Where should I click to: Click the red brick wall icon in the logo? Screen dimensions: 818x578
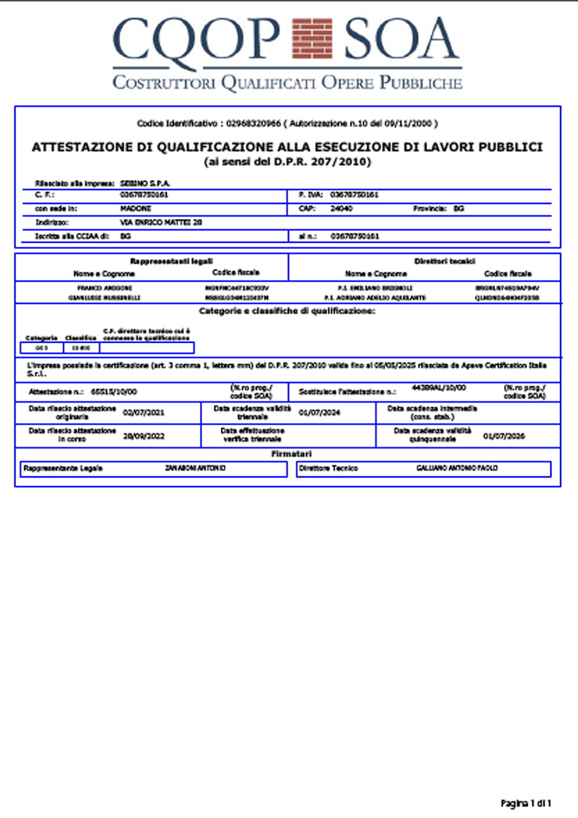point(312,39)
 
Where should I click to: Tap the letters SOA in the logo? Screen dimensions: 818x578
point(402,39)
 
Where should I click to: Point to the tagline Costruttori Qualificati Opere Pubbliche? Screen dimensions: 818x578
point(287,83)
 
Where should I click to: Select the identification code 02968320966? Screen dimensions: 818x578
point(253,123)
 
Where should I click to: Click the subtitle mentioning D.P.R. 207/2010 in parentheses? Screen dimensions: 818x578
point(287,162)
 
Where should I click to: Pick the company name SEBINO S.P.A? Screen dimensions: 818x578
point(145,183)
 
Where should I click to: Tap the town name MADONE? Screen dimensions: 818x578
point(136,209)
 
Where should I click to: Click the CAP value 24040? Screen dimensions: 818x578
point(341,209)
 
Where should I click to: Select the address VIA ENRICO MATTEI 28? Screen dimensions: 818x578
point(161,223)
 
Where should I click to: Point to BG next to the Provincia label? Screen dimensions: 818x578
point(458,209)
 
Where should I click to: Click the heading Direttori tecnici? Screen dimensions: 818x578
point(444,261)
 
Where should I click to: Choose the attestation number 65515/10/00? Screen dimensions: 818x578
point(114,392)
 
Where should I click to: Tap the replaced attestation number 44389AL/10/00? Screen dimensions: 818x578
point(439,387)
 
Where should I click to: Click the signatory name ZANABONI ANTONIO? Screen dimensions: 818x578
point(195,468)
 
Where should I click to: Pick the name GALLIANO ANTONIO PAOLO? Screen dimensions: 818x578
point(457,468)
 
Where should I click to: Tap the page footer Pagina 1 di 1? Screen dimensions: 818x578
point(525,803)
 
